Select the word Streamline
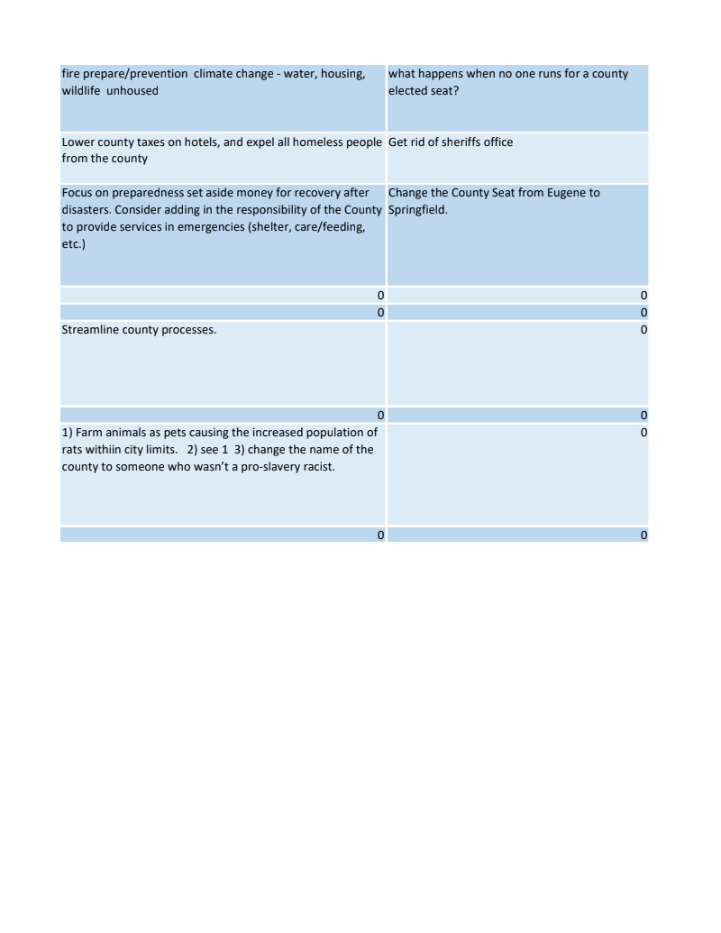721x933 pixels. click(90, 330)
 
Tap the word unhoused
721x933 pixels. click(132, 91)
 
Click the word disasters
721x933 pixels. click(88, 210)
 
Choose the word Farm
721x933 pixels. click(88, 433)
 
